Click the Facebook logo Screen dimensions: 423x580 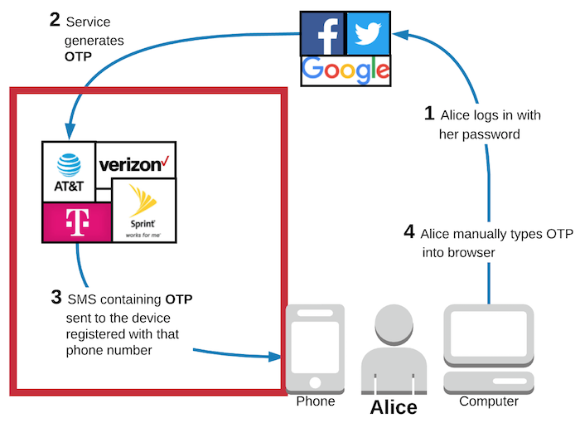coord(321,33)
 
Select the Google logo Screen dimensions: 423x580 coord(346,69)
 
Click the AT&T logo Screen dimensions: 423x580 coord(69,172)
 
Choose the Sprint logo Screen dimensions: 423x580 coord(143,210)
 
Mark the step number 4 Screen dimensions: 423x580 coord(409,231)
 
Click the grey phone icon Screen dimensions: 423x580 coord(312,347)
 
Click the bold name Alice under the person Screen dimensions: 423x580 coord(393,407)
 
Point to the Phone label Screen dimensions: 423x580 coord(316,401)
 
